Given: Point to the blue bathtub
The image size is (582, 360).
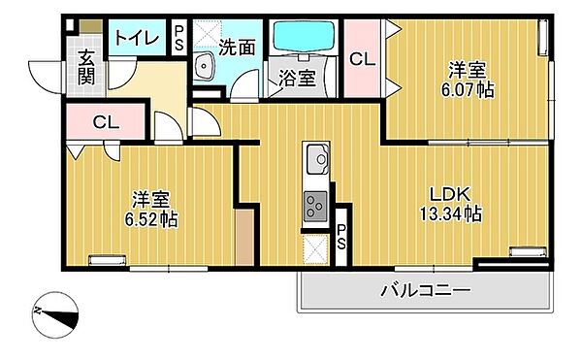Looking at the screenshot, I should pyautogui.click(x=304, y=40).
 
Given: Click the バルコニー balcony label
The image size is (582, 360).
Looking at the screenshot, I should pyautogui.click(x=424, y=290).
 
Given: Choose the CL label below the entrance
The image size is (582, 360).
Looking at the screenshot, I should pyautogui.click(x=105, y=122).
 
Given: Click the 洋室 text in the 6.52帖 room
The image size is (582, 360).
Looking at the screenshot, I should pyautogui.click(x=150, y=199).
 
